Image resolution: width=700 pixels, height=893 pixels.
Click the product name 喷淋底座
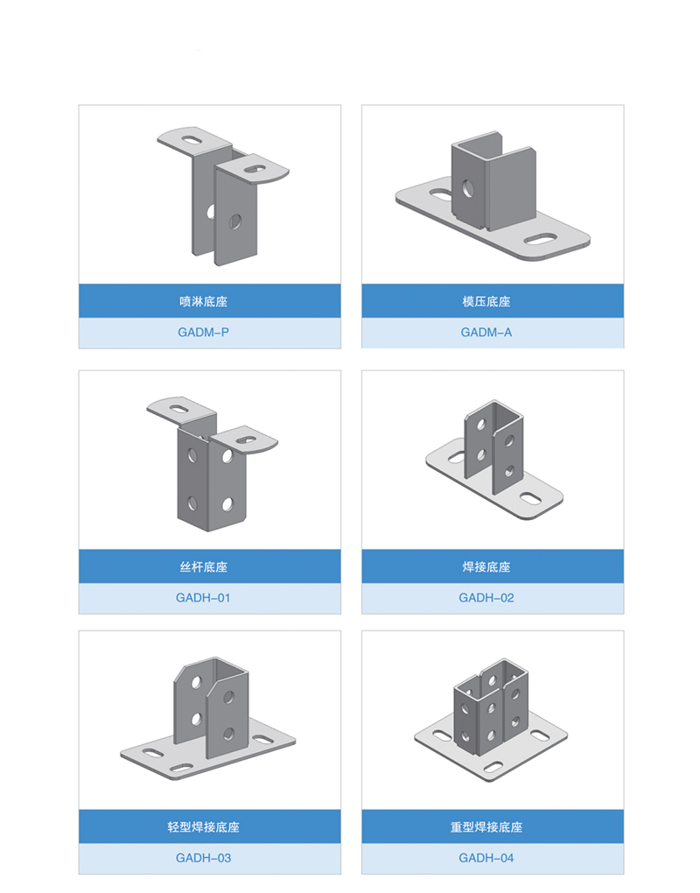coord(203,301)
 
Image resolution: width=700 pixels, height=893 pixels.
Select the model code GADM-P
coord(203,332)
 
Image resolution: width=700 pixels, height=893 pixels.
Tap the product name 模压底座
coord(486,301)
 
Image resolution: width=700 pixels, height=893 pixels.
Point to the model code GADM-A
coord(486,332)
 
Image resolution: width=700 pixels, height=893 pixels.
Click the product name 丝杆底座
coord(203,566)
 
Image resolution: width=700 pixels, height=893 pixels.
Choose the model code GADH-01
coord(203,597)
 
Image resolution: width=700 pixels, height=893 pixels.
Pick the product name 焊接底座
coord(486,566)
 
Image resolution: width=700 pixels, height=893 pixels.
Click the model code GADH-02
coord(486,597)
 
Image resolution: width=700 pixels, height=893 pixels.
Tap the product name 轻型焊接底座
coord(203,827)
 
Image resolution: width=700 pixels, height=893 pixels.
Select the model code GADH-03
coord(203,858)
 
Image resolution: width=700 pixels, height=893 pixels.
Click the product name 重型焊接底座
coord(486,827)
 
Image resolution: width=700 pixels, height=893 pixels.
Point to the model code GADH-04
coord(486,858)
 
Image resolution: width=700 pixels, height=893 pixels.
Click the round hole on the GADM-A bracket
coord(468,188)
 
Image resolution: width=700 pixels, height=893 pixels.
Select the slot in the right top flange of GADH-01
coord(247,440)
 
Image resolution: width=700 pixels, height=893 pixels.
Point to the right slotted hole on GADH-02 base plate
coord(530,498)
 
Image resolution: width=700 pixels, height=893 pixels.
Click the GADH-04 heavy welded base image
coord(491,720)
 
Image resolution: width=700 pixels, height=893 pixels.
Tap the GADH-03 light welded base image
coord(207,717)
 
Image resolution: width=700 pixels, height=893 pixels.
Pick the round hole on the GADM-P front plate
coord(234,221)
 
